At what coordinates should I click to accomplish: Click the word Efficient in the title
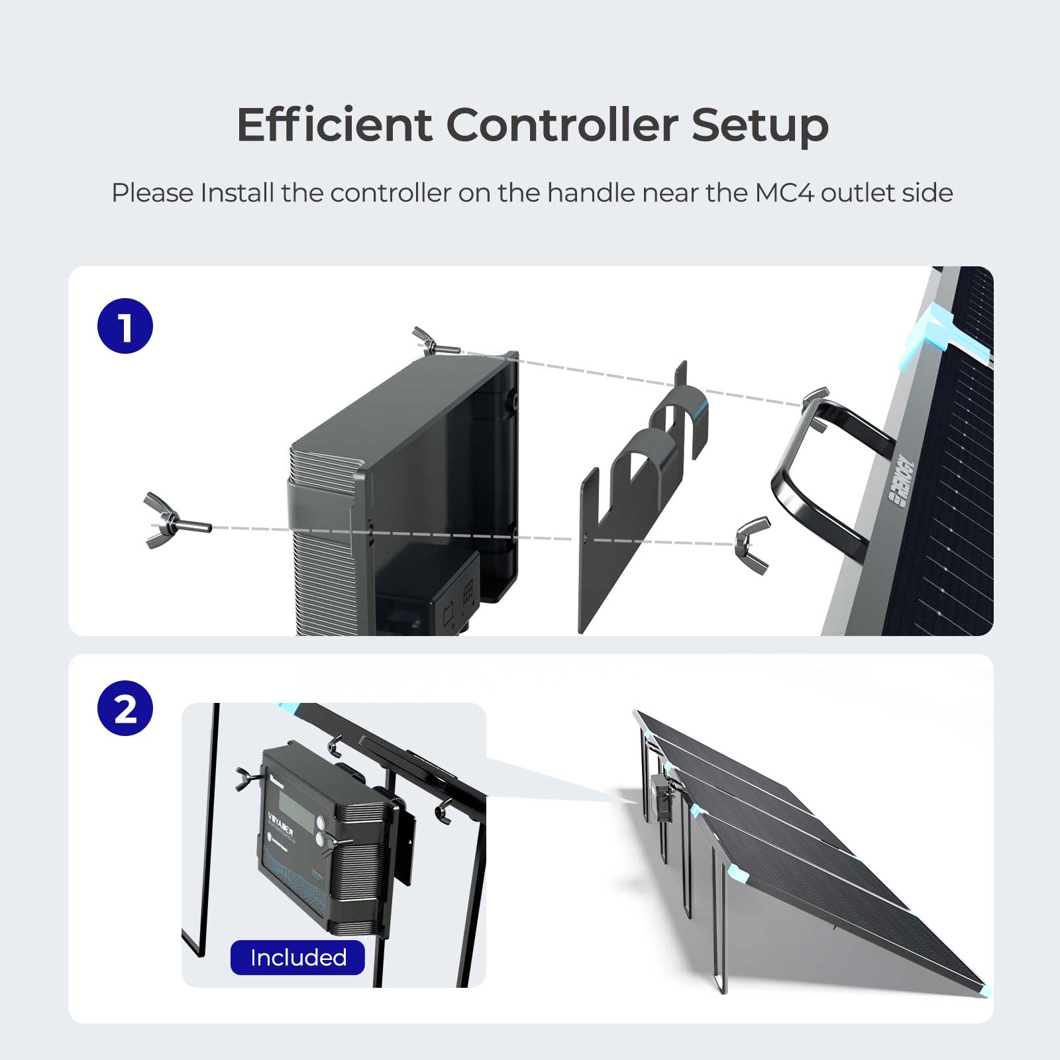pos(334,125)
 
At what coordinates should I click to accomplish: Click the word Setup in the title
pos(760,125)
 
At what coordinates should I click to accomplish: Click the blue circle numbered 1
pos(125,326)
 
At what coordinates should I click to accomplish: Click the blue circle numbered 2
pos(125,708)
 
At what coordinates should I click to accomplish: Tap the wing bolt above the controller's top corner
pos(434,343)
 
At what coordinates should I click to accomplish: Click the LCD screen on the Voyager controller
pos(296,810)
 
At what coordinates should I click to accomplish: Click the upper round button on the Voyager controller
pos(321,823)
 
